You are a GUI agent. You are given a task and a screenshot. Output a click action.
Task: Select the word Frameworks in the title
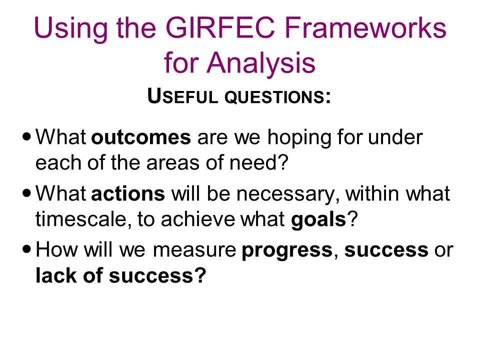pos(365,27)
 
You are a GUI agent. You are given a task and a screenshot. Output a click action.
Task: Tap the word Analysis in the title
pos(261,63)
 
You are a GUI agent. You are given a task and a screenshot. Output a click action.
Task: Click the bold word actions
pos(128,194)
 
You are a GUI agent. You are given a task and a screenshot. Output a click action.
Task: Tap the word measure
pos(194,250)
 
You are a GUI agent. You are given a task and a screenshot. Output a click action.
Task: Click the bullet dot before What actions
pos(27,193)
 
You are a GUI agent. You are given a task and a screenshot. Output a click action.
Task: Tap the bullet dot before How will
pos(27,249)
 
